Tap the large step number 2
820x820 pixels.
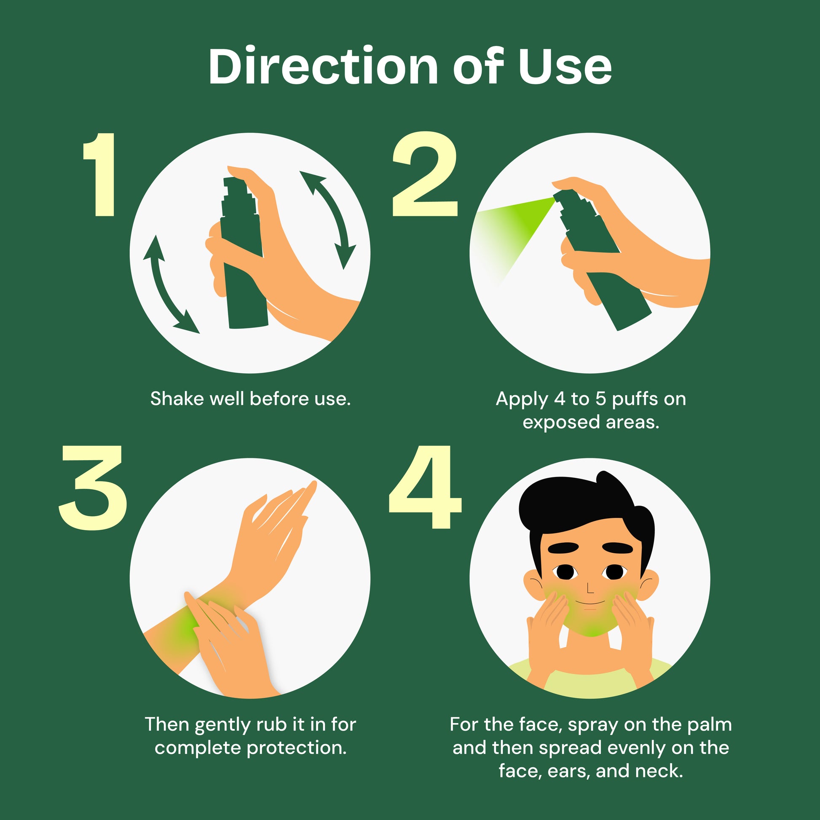[x=425, y=174]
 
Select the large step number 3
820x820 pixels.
[x=93, y=488]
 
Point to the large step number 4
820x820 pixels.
[x=425, y=487]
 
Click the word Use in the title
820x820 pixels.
[x=565, y=67]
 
